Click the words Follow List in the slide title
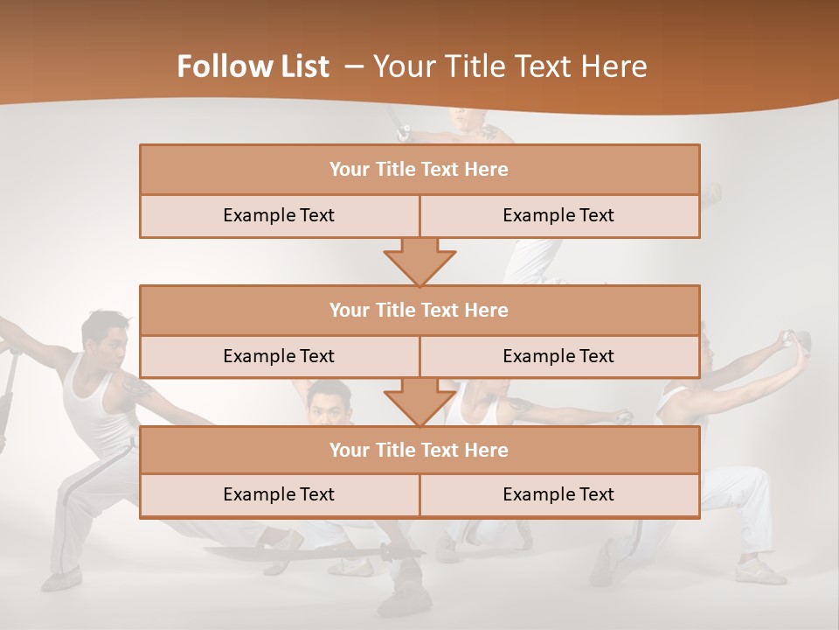pos(253,66)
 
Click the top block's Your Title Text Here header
pos(419,170)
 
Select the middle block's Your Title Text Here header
pos(419,310)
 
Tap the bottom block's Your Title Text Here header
pos(419,450)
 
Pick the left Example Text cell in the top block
pos(279,215)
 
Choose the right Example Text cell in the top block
pos(558,215)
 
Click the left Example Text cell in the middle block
pos(279,356)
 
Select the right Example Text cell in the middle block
pos(558,356)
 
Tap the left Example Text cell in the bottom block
pos(279,494)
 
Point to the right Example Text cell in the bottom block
pos(558,494)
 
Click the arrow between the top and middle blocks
pos(419,262)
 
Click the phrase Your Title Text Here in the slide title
pos(510,66)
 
